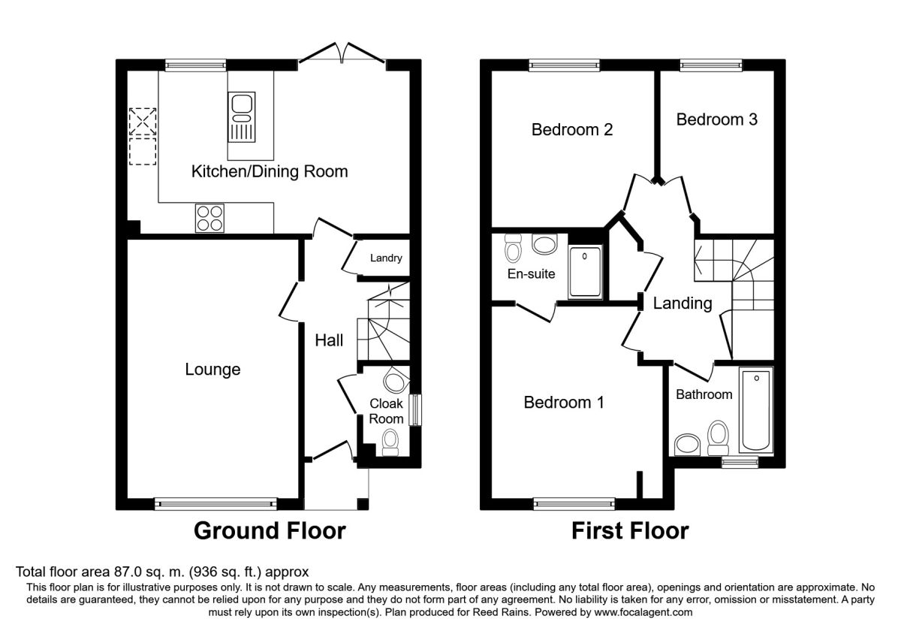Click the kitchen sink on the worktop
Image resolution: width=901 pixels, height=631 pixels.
(x=241, y=116)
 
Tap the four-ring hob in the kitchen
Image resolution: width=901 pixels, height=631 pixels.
(x=209, y=218)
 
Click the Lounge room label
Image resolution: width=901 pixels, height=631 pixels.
(x=212, y=370)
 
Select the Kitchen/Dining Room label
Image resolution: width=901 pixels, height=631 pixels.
(x=270, y=171)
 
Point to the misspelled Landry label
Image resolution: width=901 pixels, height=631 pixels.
(x=386, y=258)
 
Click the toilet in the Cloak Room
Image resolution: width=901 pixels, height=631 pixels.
(x=390, y=442)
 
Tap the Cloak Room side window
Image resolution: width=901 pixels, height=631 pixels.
(x=415, y=410)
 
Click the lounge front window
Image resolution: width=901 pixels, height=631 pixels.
(x=216, y=504)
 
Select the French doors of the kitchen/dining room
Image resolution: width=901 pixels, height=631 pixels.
(x=342, y=53)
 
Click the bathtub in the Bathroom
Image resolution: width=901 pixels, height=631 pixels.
(x=756, y=410)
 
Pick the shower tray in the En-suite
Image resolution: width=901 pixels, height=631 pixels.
(x=585, y=272)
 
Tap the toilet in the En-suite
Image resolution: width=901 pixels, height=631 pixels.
(x=513, y=247)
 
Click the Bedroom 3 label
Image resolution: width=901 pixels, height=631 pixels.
(x=717, y=119)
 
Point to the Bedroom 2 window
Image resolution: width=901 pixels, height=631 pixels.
(x=565, y=65)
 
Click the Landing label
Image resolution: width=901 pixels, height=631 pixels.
(x=683, y=303)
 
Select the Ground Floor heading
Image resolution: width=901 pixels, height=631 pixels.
(x=270, y=531)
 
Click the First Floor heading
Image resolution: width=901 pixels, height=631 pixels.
(x=630, y=531)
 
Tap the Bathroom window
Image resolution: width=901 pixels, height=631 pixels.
(x=740, y=462)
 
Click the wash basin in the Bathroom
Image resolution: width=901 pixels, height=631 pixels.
(x=688, y=445)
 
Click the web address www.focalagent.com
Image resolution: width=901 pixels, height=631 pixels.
(x=643, y=612)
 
